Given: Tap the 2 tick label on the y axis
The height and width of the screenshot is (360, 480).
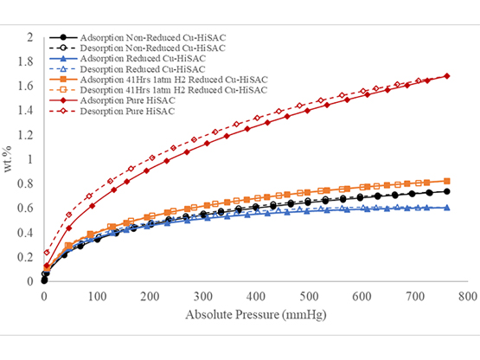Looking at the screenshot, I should coord(33,38).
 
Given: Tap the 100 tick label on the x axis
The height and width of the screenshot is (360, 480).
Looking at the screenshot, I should coord(97,295).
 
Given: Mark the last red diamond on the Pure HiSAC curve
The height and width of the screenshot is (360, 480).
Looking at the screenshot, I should coord(447,76).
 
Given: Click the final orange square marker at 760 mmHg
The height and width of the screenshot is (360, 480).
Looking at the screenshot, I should coord(447,181).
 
